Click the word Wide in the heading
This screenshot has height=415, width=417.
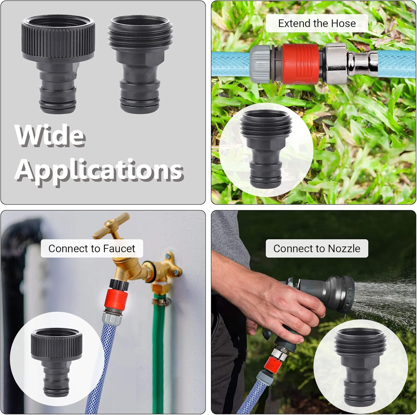50,135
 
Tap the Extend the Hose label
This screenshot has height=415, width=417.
317,23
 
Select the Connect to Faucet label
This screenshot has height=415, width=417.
92,248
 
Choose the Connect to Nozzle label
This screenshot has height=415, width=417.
317,248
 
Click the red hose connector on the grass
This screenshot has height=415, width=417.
301,64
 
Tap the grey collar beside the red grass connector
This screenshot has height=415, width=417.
260,64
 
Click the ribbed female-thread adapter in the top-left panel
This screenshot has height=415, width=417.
58,64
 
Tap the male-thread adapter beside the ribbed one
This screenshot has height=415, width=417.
140,64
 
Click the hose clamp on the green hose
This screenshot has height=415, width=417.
161,301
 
